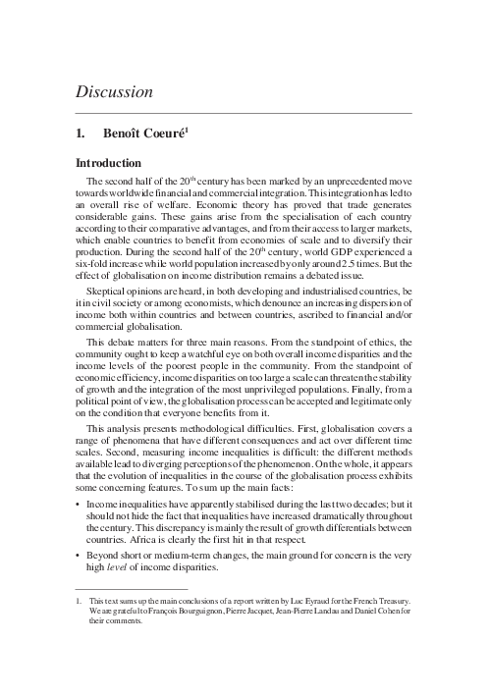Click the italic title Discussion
pyautogui.click(x=115, y=93)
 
